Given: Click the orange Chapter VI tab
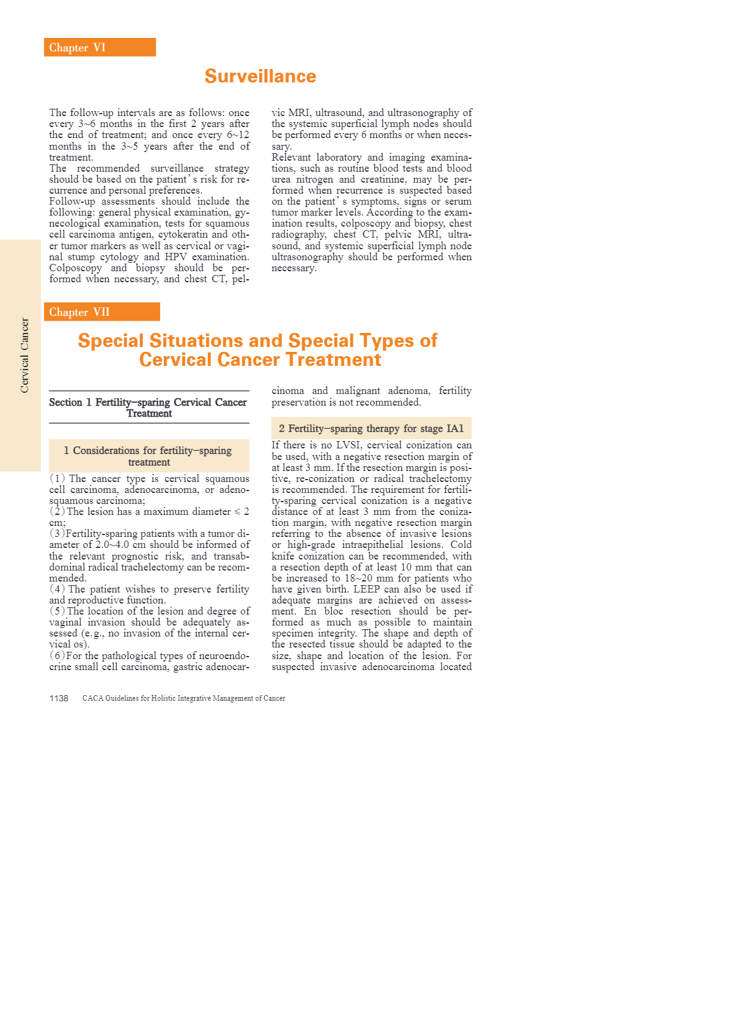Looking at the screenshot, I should pos(100,48).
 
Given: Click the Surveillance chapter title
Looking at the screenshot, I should pos(260,76).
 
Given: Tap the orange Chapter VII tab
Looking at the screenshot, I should pos(101,312).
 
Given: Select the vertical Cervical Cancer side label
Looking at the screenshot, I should pos(24,355).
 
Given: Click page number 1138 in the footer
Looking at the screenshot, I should pos(59,698).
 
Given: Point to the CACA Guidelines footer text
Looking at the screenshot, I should pos(184,698).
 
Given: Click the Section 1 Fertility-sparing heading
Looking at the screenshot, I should pos(149,407).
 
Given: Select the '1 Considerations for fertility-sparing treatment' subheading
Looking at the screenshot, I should pos(149,456).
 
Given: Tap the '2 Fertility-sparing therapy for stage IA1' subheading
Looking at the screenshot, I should pos(371,429).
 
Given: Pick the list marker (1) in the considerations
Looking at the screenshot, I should pos(57,478).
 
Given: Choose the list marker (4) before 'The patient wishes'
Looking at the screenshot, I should pos(57,589).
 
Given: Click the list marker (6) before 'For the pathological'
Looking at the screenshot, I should pos(57,656).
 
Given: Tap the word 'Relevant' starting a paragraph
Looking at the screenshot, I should pos(290,158).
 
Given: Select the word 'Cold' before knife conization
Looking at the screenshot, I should pos(461,545).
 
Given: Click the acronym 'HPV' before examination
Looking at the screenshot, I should pos(175,257).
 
